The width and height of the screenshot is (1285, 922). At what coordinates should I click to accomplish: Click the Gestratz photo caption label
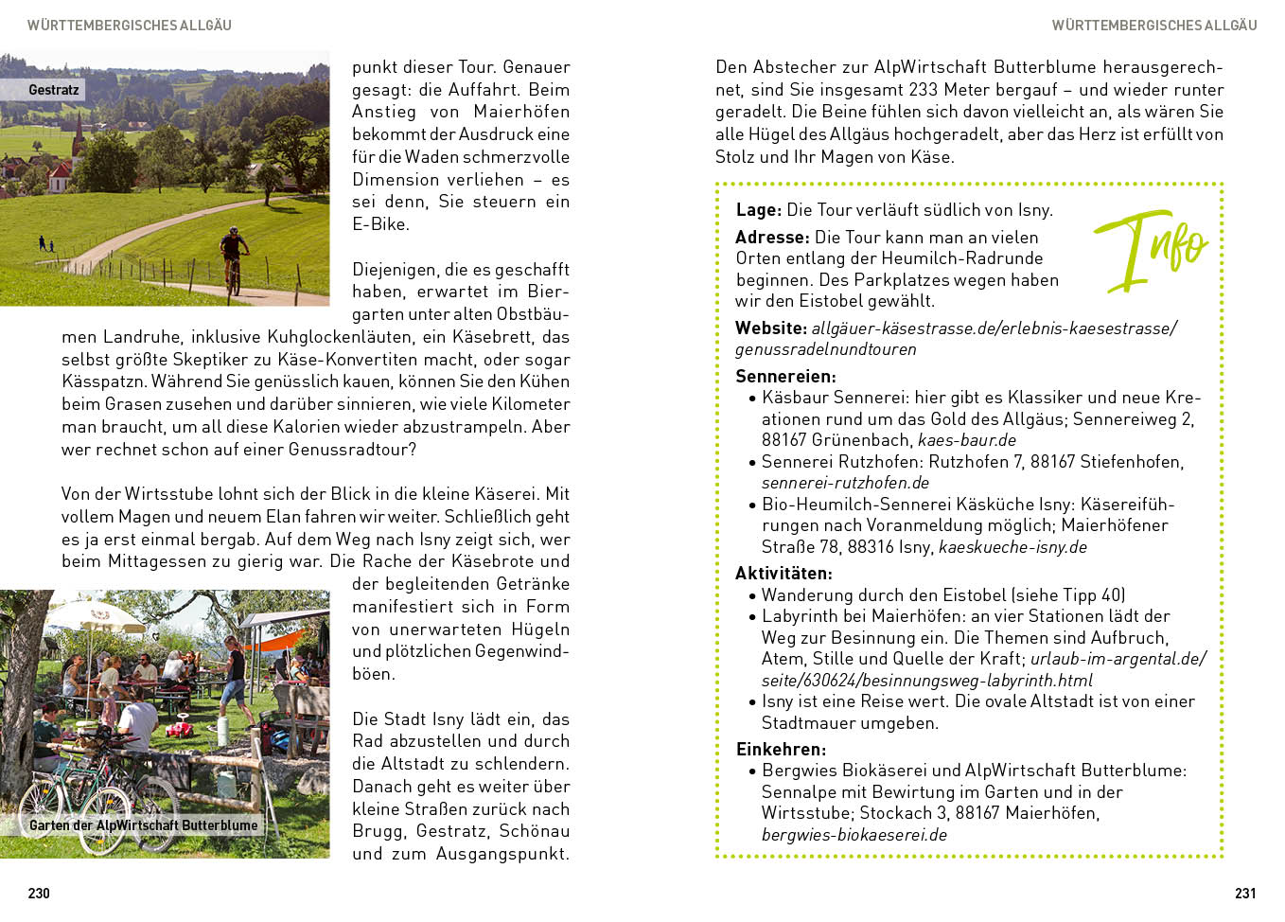coord(54,90)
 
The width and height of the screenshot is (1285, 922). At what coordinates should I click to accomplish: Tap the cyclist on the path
coord(234,257)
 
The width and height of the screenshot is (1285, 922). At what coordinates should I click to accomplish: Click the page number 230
coord(39,893)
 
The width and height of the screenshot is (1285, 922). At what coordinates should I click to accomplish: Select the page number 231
coord(1245,893)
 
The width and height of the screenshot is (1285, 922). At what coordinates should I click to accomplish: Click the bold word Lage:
coord(758,210)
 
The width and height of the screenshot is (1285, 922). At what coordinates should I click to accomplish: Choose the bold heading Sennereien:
coord(785,376)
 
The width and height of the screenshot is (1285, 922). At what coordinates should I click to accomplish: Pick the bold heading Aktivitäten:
coord(783,573)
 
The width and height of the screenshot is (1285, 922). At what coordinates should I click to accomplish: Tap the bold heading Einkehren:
coord(781,749)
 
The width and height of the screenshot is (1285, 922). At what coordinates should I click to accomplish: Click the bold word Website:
coord(770,328)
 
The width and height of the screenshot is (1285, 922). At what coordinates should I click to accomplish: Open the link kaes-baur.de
coord(966,440)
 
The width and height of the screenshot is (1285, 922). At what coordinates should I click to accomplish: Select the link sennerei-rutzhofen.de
coord(845,483)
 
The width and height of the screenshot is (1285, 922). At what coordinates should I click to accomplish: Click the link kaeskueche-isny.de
coord(1012,547)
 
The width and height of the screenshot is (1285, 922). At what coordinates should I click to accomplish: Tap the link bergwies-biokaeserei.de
coord(854,835)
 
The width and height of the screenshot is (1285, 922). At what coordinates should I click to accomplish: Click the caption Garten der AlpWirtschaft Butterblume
coord(143,825)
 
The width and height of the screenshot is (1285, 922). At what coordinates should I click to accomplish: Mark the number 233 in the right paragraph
coord(923,90)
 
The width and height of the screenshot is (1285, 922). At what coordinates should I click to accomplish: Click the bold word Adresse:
coord(772,238)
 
